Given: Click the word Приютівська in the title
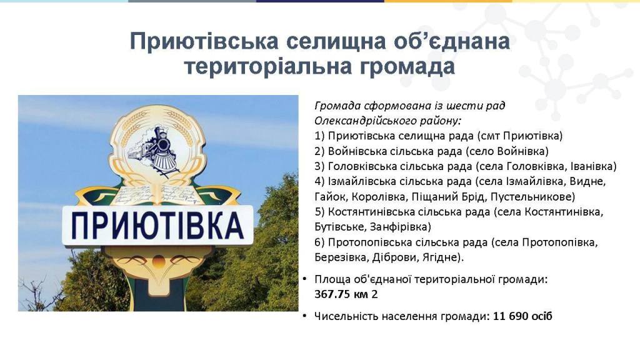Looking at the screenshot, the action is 204,41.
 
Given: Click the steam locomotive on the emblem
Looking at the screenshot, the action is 154,149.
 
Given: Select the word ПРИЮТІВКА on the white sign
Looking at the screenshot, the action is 157,225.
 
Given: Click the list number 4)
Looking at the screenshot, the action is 319,181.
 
